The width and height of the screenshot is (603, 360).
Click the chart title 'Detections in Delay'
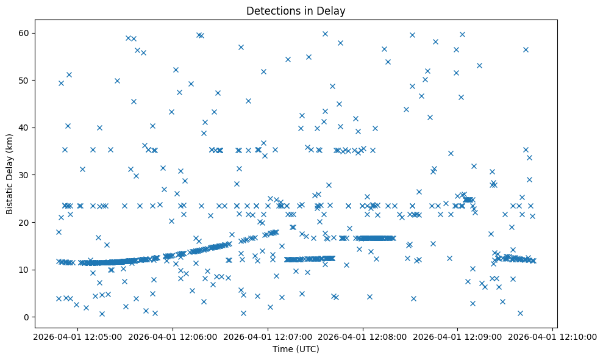click(296, 10)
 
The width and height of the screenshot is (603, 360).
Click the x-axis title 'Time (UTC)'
click(296, 350)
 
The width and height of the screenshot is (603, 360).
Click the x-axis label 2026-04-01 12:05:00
click(77, 336)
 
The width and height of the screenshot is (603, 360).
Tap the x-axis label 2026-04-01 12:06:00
click(173, 336)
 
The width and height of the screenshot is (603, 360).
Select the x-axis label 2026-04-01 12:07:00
click(268, 336)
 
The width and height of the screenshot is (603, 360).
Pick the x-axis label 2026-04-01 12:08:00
click(363, 336)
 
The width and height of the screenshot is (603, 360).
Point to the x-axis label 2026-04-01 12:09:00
click(458, 336)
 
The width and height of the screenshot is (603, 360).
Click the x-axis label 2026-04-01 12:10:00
click(553, 336)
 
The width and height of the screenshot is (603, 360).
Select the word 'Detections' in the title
click(270, 10)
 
